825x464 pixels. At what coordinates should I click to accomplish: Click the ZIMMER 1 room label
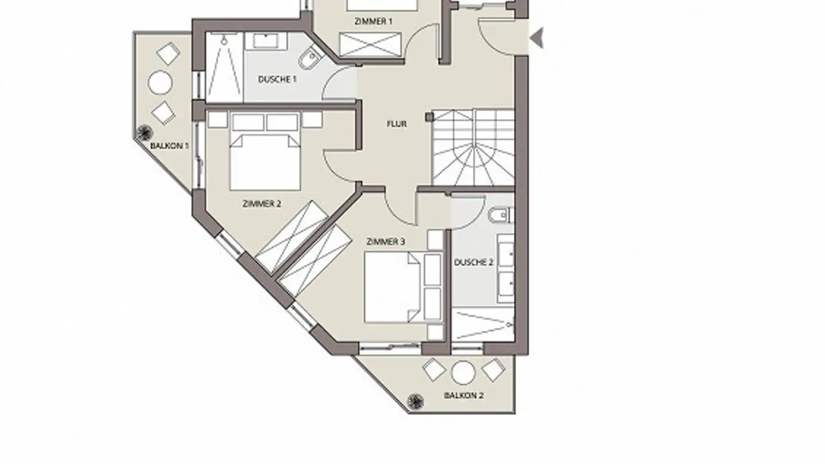tap(373, 21)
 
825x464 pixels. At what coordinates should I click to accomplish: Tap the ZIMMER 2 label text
tap(261, 204)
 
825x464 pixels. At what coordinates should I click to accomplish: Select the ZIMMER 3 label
tap(386, 242)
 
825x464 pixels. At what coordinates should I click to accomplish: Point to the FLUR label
tap(396, 124)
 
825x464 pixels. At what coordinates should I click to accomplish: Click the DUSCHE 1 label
tap(277, 80)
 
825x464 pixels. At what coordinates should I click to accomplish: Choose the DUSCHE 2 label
tap(474, 262)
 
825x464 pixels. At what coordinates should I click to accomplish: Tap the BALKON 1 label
tap(170, 146)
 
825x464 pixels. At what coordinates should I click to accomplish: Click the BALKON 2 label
tap(463, 395)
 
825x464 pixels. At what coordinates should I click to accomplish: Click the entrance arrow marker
tap(537, 38)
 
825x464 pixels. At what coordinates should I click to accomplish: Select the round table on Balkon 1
tap(160, 83)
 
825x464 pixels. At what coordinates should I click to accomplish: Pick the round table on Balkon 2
tap(463, 373)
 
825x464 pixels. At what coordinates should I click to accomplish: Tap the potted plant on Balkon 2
tap(415, 402)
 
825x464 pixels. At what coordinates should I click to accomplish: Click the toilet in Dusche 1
tap(310, 58)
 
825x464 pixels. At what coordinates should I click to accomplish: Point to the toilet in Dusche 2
tap(501, 215)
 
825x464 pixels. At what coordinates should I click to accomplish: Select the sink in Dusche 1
tap(266, 41)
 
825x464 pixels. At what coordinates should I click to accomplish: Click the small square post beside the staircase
tap(430, 117)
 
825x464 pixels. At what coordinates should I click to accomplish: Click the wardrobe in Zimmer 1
tap(370, 45)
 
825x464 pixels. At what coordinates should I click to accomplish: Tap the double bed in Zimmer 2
tap(265, 163)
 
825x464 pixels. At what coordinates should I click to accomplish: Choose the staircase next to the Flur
tap(473, 147)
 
